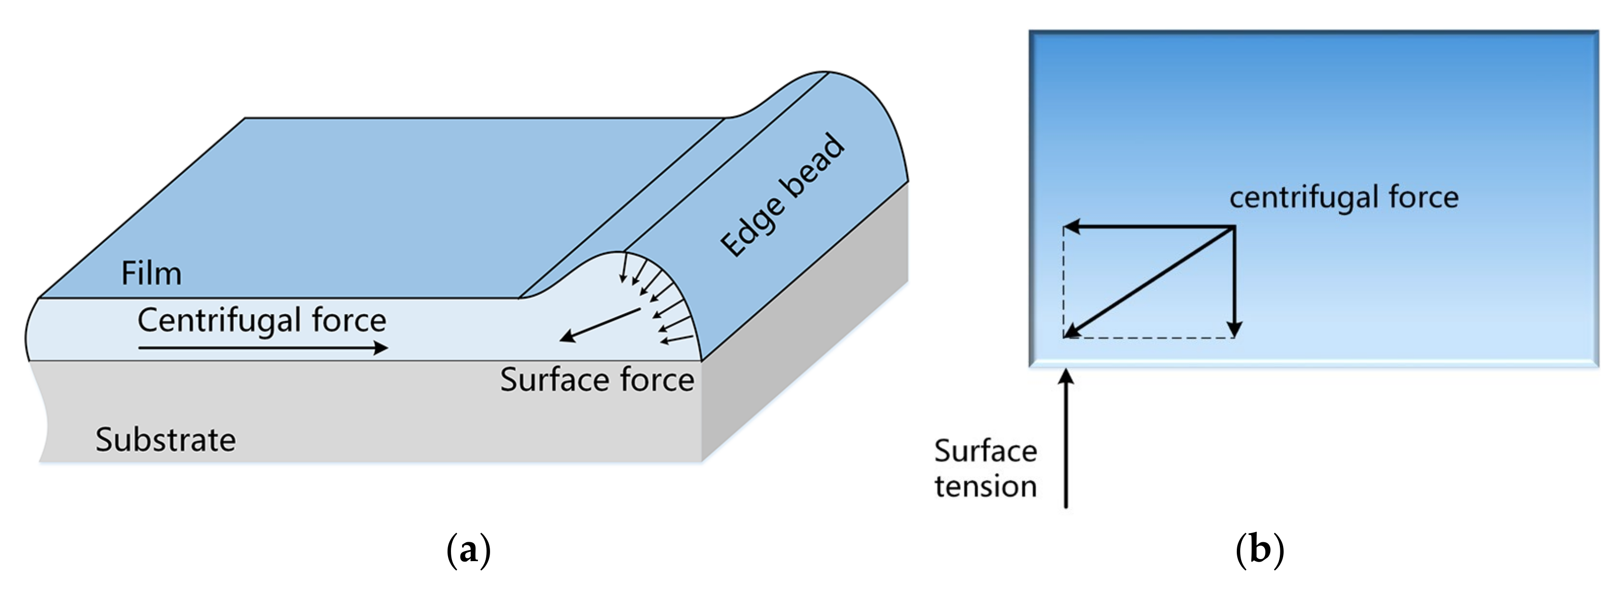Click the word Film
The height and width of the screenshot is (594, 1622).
click(x=151, y=273)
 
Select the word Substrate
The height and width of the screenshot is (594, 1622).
click(x=166, y=440)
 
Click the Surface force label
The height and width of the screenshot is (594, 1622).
click(x=597, y=380)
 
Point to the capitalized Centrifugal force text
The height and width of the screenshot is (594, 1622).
click(x=261, y=320)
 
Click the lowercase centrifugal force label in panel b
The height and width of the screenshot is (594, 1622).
click(x=1344, y=197)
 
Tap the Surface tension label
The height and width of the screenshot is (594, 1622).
click(x=985, y=469)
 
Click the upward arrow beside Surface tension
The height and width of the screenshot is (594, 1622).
click(x=1066, y=441)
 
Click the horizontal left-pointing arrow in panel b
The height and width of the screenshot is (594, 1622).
click(x=1149, y=227)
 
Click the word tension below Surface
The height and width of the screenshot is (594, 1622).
click(x=985, y=486)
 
